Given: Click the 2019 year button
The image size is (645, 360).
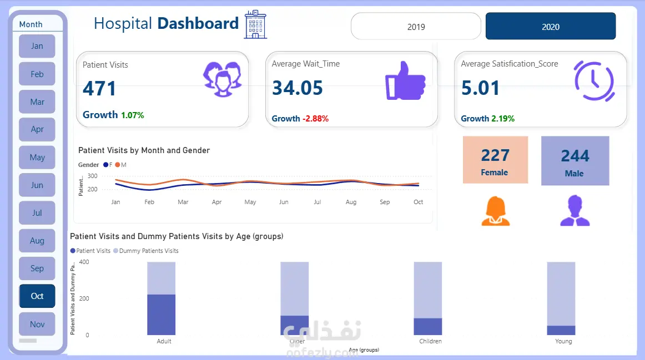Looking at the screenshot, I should (x=416, y=27).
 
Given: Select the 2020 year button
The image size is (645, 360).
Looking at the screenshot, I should (x=550, y=27).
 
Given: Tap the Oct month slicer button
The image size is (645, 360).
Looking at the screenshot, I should (x=37, y=296).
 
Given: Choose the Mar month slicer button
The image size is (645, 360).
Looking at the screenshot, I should (x=37, y=102).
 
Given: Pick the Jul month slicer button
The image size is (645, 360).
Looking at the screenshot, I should (x=37, y=213).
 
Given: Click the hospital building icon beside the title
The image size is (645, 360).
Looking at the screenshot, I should (x=255, y=25).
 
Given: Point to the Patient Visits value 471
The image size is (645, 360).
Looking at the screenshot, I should (x=100, y=89).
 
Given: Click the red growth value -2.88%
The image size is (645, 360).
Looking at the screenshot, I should (x=315, y=119).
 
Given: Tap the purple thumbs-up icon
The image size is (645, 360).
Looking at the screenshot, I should (x=405, y=80).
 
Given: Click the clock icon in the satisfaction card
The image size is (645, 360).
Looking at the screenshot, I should (x=594, y=80).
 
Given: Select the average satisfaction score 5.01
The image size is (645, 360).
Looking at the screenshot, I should (x=480, y=88).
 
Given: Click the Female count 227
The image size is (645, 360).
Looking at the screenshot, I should (x=495, y=155).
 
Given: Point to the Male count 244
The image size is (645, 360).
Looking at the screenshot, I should (x=575, y=156).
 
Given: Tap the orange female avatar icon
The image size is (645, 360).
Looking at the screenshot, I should (x=495, y=211).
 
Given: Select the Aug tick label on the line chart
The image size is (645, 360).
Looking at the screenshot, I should (x=351, y=202).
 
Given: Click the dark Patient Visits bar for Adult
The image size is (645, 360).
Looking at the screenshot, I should (x=161, y=315).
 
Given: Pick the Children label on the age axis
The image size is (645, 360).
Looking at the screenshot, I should (x=430, y=341).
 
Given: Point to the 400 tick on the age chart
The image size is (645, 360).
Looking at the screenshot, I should (x=83, y=262).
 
